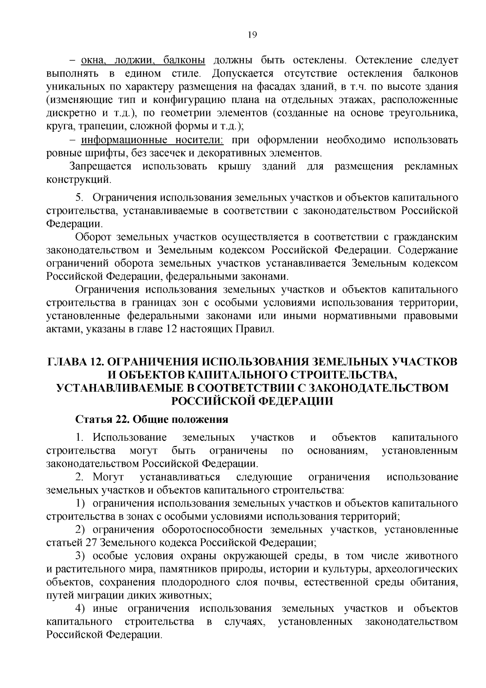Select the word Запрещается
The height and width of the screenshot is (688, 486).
coord(100,166)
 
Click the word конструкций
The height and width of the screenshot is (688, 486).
coord(79,179)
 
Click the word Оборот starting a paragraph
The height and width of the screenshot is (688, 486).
coord(94,237)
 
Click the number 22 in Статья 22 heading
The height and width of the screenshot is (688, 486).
coord(122,419)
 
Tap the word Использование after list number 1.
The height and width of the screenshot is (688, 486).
coord(130,437)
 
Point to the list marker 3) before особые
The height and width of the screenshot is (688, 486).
coord(81,556)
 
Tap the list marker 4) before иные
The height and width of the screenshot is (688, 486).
coord(81,609)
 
